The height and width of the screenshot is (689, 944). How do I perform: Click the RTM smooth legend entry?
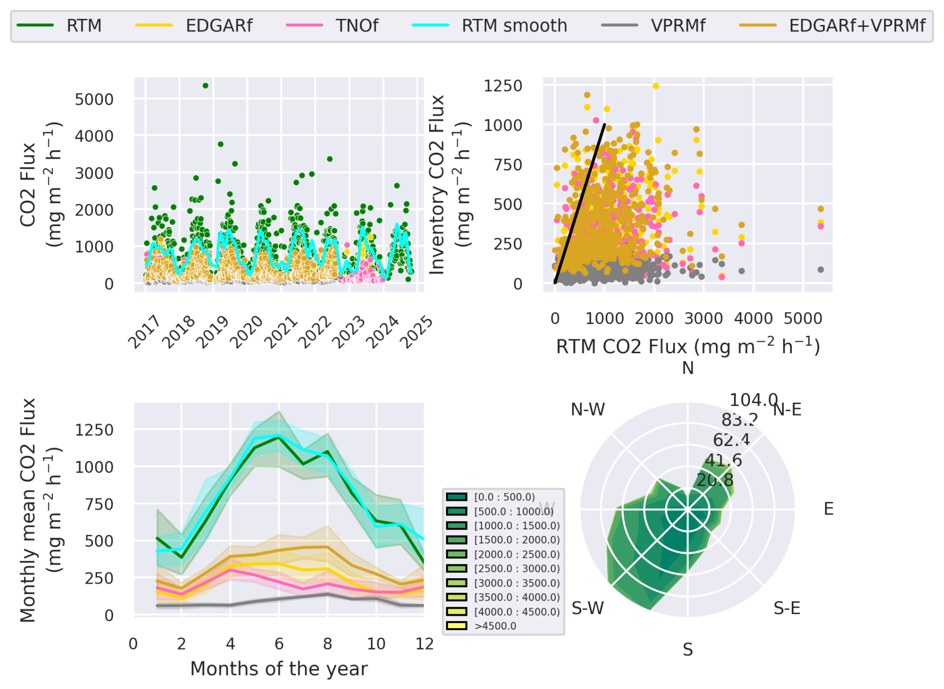point(514,25)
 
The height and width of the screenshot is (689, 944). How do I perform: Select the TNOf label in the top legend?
point(357,25)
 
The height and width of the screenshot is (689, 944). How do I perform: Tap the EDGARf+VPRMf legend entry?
point(857,25)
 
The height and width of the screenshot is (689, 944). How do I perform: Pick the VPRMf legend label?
point(678,25)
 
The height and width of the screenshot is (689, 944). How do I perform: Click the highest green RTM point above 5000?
point(206,86)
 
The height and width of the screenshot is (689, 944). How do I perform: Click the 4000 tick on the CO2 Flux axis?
point(94,136)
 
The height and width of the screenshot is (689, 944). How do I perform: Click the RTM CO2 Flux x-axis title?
point(688,346)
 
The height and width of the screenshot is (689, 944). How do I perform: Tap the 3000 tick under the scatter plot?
point(703,318)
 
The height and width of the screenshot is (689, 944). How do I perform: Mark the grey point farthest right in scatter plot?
point(821,269)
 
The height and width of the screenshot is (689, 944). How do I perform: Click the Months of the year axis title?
point(279,669)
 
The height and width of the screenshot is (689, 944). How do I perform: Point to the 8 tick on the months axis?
point(327,644)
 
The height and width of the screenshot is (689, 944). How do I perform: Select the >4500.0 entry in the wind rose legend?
point(495,626)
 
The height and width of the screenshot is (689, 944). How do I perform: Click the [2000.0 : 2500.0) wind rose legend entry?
point(516,554)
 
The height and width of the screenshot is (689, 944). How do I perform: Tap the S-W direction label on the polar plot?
point(588,608)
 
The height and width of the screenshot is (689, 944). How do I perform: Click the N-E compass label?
point(787,410)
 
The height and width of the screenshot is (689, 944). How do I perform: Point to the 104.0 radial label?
point(753,400)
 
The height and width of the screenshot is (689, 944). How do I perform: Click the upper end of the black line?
point(604,125)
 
